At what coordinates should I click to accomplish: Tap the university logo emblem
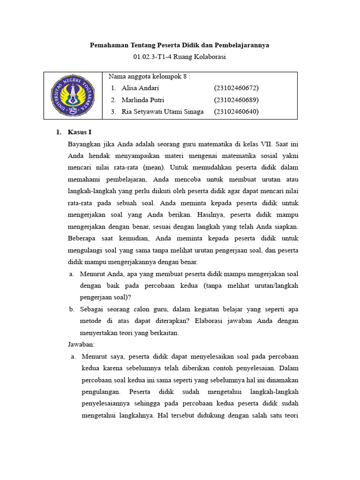73,96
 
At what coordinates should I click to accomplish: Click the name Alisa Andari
140,88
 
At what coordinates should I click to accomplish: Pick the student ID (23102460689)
236,100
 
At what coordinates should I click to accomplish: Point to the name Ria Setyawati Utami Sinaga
163,112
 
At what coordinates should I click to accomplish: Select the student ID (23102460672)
236,88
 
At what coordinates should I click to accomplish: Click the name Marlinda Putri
143,100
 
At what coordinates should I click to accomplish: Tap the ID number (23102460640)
236,112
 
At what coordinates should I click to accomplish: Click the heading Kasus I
80,132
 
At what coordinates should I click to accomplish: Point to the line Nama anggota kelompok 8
149,76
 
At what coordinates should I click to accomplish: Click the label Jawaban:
81,345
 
